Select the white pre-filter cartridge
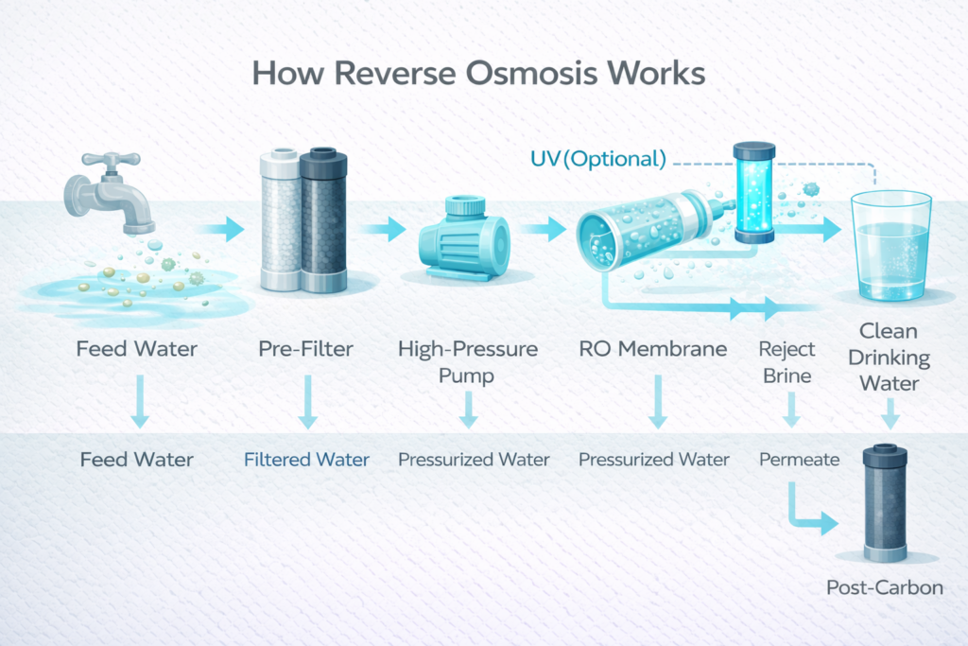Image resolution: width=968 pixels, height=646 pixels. point(278,222)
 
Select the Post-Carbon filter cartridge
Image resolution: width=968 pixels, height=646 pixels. point(886,503)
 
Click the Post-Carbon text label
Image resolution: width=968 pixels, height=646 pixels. point(885,587)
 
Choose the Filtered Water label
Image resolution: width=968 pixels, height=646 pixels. point(306,461)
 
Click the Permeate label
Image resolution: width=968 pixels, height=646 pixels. point(799,461)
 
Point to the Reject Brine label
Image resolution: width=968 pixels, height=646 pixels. point(786,360)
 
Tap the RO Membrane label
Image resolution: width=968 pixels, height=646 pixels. point(652,350)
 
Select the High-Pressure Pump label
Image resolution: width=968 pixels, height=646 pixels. point(468,360)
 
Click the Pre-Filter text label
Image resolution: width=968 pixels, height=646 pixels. point(304,350)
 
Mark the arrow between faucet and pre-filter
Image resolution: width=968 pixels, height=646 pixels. point(223,227)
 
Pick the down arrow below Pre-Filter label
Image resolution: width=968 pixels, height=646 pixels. point(306,402)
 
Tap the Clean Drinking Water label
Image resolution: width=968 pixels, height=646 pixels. point(889,359)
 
